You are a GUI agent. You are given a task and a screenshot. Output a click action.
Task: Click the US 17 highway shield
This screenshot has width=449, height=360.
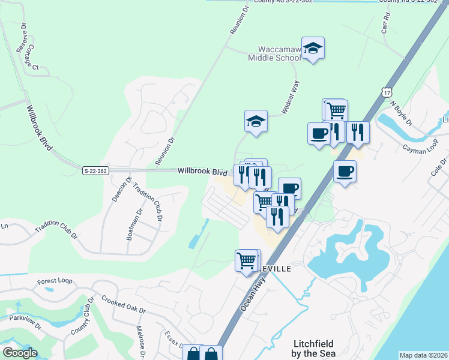(x=387, y=91)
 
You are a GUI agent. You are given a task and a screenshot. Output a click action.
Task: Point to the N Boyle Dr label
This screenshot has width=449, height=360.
(x=402, y=113)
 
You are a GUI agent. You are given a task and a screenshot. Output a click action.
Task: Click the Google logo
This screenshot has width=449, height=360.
(x=20, y=353)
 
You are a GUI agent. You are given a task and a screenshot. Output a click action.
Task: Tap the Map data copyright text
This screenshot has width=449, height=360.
(x=423, y=355)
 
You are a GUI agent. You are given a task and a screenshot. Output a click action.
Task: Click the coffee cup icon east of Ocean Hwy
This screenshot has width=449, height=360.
(x=345, y=172)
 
